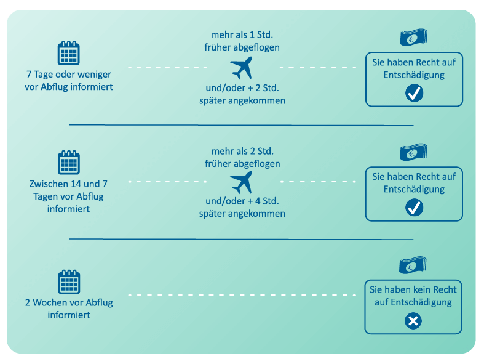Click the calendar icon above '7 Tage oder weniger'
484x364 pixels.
click(x=68, y=53)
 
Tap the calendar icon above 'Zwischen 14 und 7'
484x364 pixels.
click(x=69, y=163)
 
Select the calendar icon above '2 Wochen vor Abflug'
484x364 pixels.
click(x=69, y=281)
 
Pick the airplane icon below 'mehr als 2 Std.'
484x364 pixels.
click(x=242, y=182)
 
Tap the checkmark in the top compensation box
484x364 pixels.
click(x=414, y=93)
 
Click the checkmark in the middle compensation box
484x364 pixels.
click(x=414, y=208)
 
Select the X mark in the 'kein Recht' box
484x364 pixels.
click(x=413, y=321)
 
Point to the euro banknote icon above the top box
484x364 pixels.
click(x=413, y=38)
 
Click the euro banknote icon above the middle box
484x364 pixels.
click(x=413, y=152)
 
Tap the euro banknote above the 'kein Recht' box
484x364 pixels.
click(x=413, y=265)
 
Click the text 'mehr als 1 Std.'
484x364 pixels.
click(x=242, y=34)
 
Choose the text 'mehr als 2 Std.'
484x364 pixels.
click(x=242, y=151)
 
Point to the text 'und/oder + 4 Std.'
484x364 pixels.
click(x=242, y=201)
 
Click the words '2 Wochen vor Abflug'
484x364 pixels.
click(x=69, y=303)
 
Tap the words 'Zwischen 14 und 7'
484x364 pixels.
click(x=69, y=184)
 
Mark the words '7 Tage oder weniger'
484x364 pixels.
click(x=69, y=74)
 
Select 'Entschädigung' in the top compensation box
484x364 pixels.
click(x=414, y=75)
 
